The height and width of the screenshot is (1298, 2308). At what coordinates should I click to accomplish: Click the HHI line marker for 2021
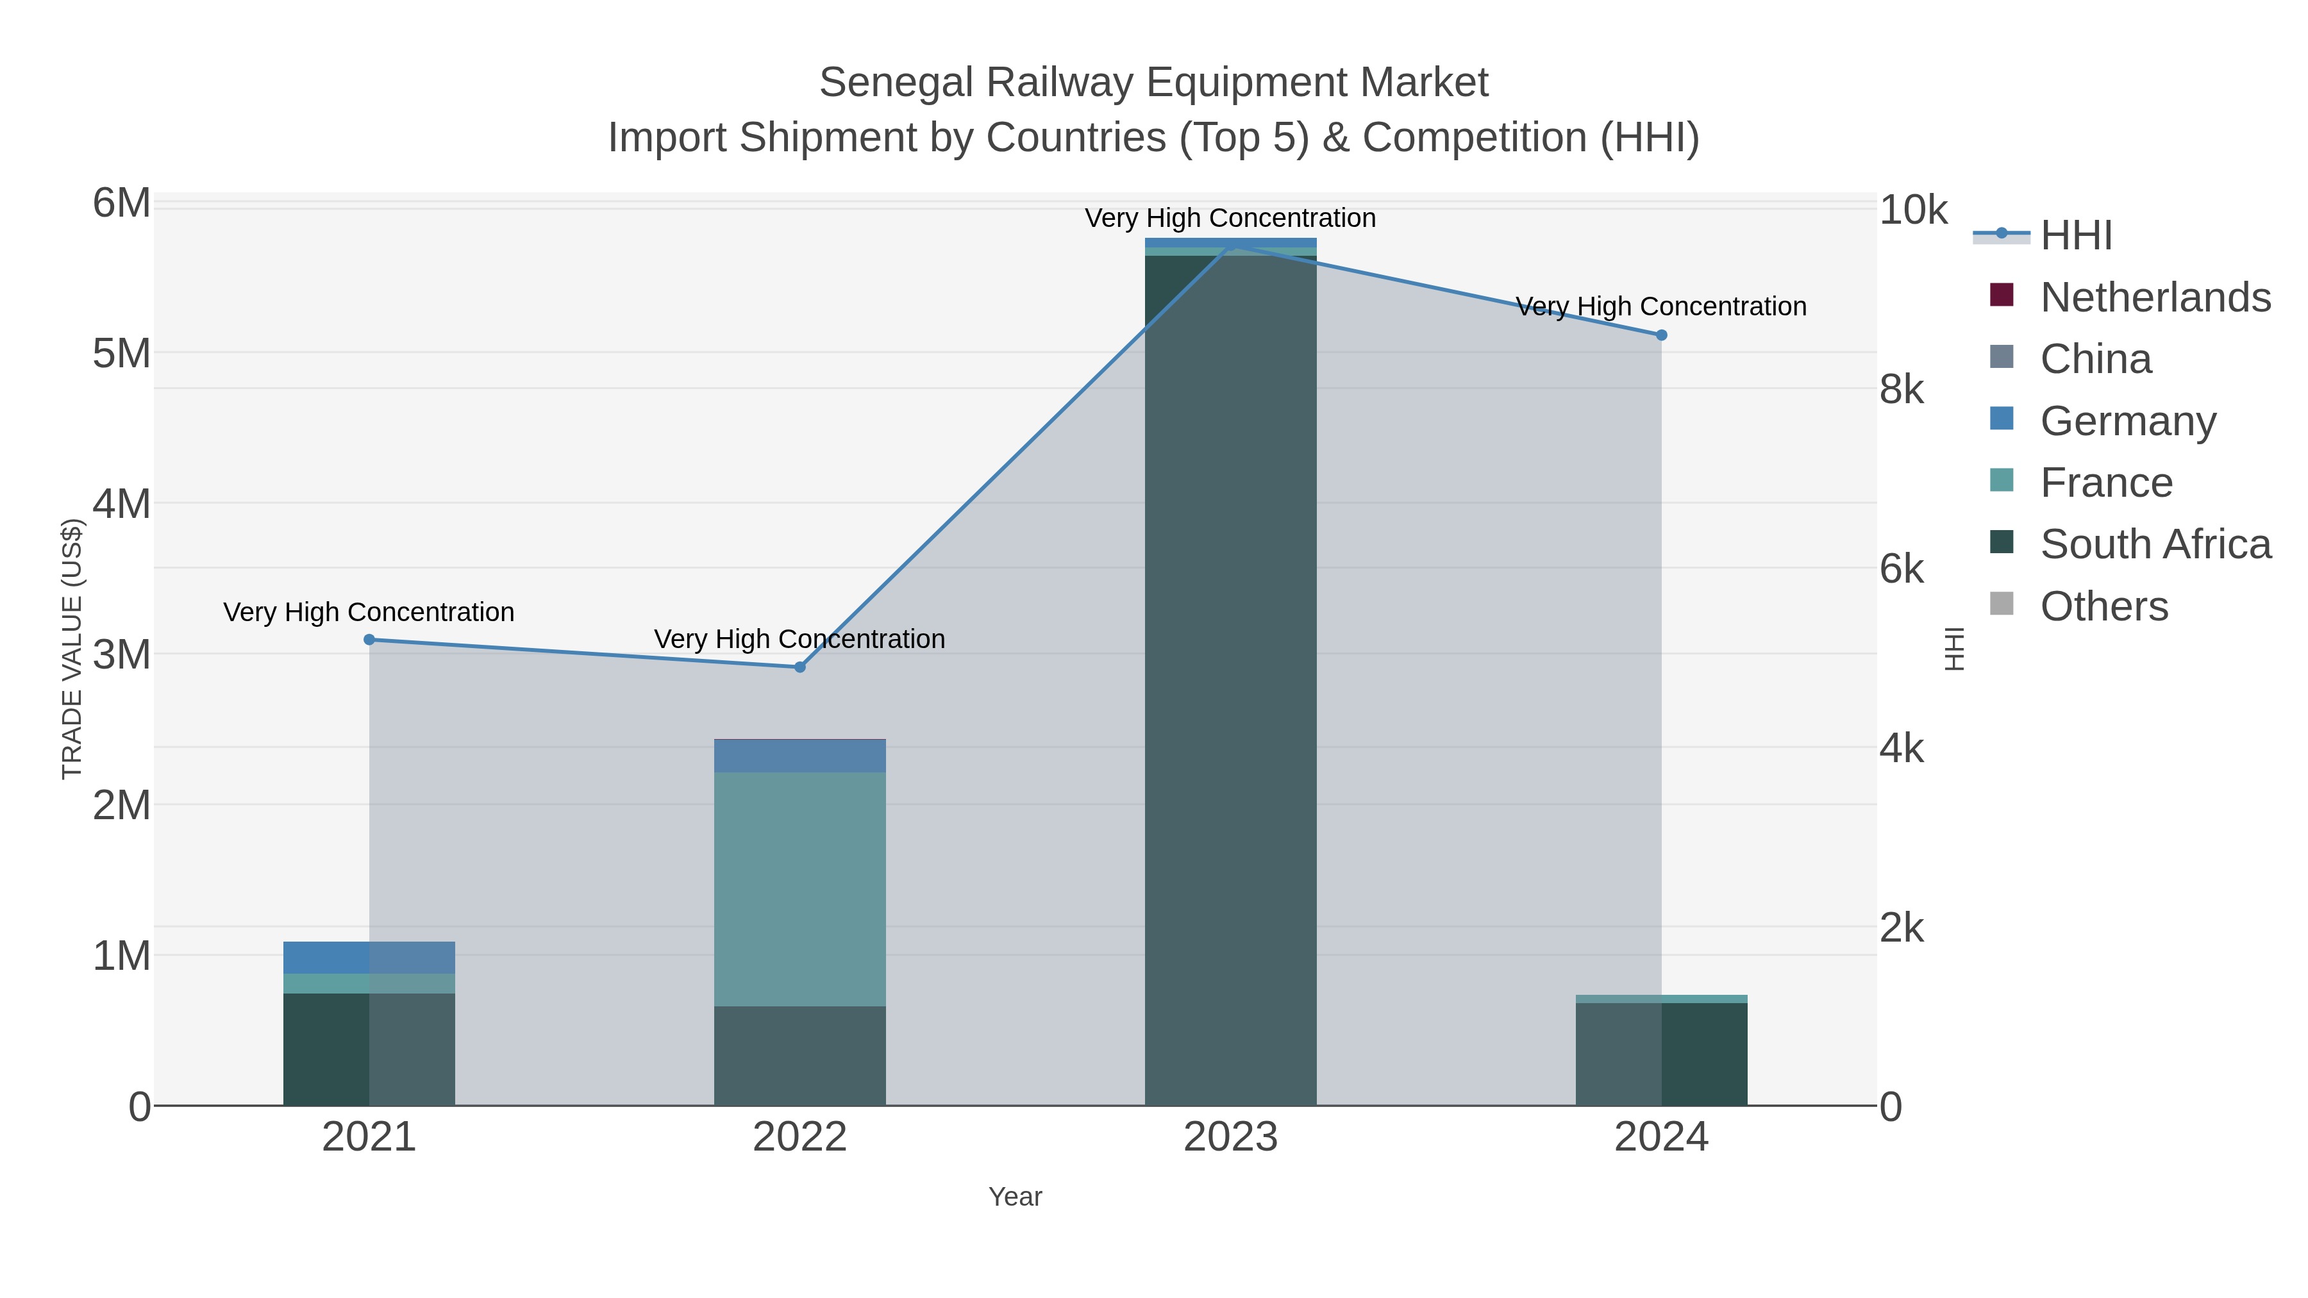(369, 640)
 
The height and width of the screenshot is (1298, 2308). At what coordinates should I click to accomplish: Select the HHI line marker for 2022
(800, 667)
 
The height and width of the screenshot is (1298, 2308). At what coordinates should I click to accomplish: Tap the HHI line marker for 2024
(1661, 335)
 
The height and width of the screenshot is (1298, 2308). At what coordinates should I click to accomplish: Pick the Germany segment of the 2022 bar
(800, 756)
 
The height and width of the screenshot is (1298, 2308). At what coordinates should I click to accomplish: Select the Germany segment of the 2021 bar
(369, 958)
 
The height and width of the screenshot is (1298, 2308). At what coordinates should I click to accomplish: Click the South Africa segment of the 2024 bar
(1661, 1054)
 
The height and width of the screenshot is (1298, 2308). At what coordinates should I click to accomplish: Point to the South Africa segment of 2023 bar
(1230, 681)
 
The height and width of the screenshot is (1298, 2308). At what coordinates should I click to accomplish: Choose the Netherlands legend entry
(2155, 297)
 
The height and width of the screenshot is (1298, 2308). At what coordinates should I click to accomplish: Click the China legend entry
(2095, 359)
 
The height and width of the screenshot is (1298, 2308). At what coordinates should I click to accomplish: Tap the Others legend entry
(2103, 606)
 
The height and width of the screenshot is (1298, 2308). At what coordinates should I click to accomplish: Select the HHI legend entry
(2075, 236)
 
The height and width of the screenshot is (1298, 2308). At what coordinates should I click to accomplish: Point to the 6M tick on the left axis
(122, 203)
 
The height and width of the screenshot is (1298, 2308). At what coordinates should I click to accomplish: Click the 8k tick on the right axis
(1902, 390)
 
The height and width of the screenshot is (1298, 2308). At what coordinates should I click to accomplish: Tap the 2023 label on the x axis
(1230, 1138)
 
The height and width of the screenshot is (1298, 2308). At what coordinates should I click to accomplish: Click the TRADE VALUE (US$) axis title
(72, 649)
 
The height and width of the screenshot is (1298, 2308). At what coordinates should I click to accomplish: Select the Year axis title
(1015, 1197)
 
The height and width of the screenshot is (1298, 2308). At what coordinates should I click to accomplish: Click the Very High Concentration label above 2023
(1230, 218)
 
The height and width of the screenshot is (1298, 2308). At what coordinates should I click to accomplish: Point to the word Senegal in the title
(896, 83)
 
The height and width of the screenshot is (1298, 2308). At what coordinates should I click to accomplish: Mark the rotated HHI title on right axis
(1954, 649)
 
